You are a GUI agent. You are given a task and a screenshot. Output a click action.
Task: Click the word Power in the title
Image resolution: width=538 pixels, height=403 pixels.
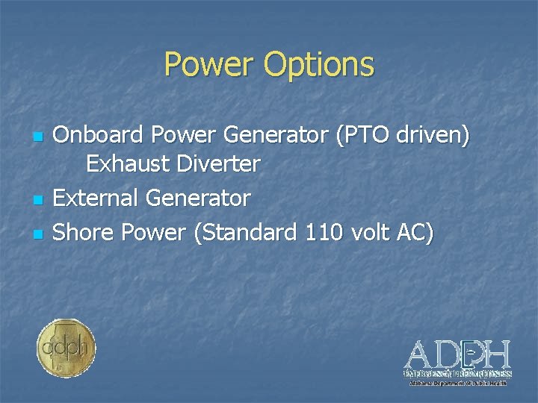pos(208,64)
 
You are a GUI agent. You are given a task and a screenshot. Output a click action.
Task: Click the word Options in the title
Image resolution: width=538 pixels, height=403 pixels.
pos(318,66)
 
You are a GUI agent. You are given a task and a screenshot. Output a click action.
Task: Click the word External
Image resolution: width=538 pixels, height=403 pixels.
pos(96,198)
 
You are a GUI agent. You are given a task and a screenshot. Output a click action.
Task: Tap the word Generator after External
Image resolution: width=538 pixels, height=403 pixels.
pos(198,198)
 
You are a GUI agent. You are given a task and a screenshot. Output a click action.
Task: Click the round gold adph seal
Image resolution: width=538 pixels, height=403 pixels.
pos(67,348)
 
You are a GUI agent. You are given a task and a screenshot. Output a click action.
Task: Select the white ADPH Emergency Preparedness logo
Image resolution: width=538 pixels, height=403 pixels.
pos(457,361)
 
